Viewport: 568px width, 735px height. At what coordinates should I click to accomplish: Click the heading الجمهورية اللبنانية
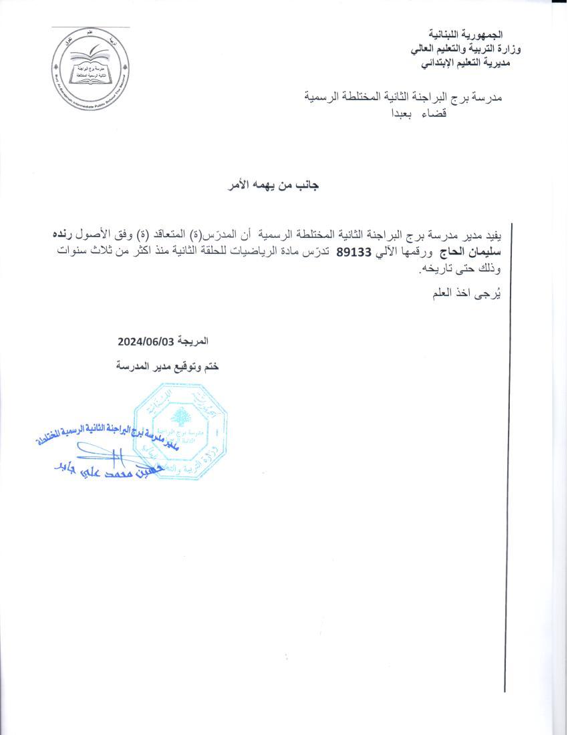tap(465, 34)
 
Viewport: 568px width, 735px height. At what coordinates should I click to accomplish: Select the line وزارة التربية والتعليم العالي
tap(456, 49)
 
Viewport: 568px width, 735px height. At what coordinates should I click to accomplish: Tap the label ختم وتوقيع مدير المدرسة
tap(167, 366)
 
